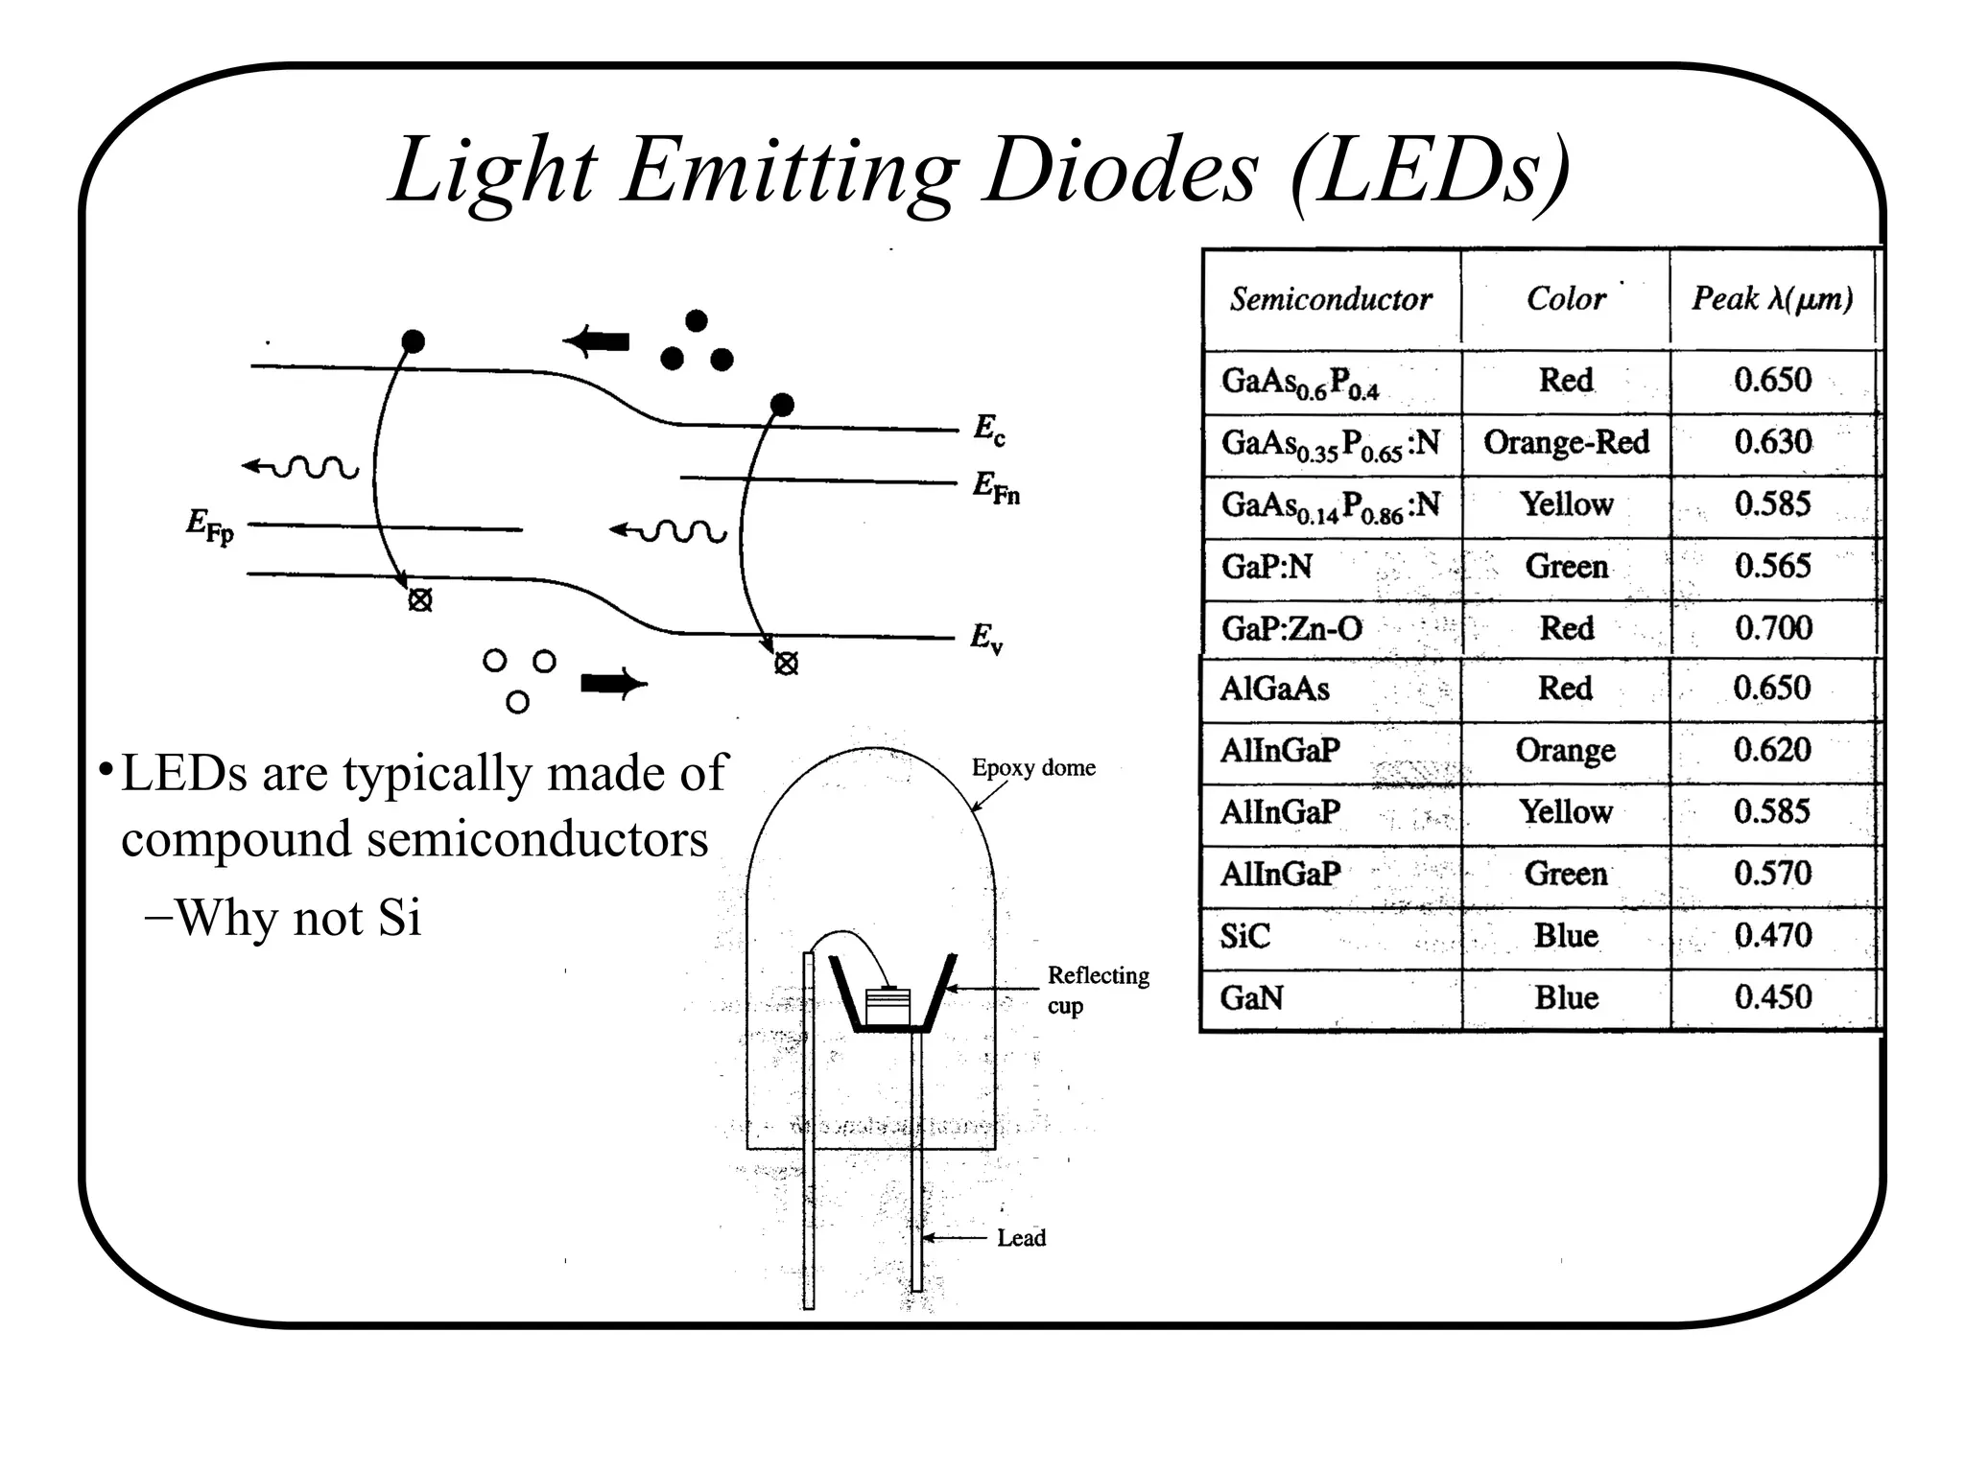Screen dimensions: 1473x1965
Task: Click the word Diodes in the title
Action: (1121, 171)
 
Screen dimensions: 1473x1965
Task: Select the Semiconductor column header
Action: (1331, 299)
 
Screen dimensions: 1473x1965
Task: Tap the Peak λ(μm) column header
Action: (1771, 298)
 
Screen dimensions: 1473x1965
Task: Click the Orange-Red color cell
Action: (1566, 442)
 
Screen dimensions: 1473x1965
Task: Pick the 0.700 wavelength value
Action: (1773, 628)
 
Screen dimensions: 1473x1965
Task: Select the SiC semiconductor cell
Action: (1244, 936)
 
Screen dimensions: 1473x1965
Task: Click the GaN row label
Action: (1251, 998)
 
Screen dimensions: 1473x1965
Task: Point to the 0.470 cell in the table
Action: (1773, 936)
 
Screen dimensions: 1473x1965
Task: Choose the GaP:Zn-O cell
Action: (1291, 629)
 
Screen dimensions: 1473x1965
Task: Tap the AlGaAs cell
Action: (1274, 689)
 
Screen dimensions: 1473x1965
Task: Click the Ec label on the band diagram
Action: (989, 429)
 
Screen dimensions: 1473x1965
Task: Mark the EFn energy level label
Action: (996, 487)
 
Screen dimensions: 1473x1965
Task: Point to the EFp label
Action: (209, 526)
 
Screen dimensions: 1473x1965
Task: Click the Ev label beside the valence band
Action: (986, 638)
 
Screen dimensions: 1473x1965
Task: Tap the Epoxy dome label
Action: (1033, 768)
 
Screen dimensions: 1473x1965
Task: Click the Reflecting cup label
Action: (1097, 990)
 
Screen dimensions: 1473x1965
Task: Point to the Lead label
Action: (1021, 1238)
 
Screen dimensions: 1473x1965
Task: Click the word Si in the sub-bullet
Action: (399, 919)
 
